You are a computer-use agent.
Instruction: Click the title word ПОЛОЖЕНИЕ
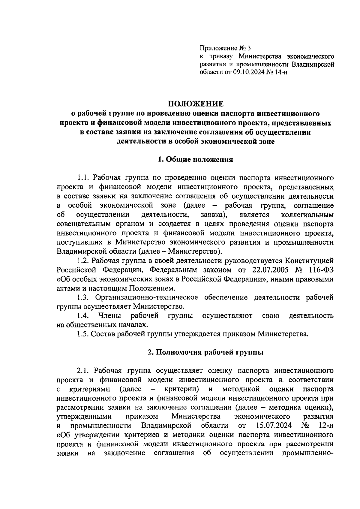coord(196,104)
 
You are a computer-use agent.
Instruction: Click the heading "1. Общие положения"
coord(196,159)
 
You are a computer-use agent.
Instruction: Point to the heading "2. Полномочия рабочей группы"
coord(206,352)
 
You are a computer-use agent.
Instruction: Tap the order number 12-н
coord(325,426)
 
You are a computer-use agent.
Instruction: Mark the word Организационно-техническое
coord(147,297)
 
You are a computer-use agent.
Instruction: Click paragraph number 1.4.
coord(82,316)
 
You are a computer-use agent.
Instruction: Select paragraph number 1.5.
coord(82,334)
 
